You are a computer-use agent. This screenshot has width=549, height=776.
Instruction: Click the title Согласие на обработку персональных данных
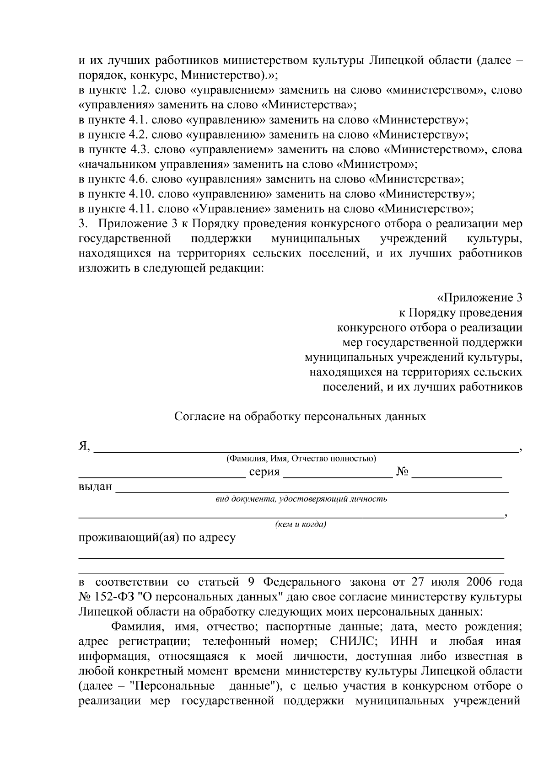point(300,417)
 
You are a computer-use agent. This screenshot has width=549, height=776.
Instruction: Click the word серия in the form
point(264,472)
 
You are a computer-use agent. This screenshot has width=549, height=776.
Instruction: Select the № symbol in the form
point(403,472)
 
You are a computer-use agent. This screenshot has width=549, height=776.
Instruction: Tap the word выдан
point(95,487)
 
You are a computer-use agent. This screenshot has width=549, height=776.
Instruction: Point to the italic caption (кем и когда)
point(300,524)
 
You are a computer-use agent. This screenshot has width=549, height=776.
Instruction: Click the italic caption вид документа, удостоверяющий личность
point(301,499)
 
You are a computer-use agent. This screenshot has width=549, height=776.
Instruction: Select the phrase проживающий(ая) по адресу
point(157,537)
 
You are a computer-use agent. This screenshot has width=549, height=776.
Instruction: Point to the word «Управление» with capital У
point(231,209)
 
